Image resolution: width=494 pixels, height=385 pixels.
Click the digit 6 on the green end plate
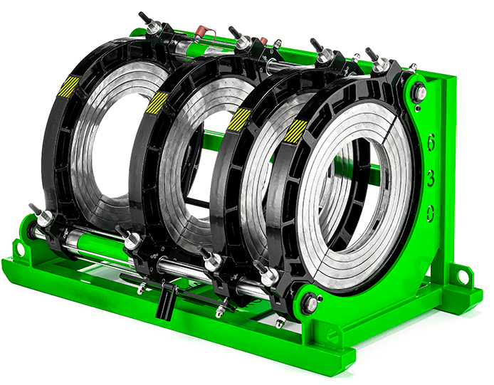coord(431,142)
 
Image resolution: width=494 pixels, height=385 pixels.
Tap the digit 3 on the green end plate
coord(431,179)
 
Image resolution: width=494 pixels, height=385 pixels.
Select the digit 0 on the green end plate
coord(431,213)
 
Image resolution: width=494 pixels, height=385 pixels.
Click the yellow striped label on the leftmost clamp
coord(68,86)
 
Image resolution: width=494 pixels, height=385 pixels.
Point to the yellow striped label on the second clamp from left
coord(157,102)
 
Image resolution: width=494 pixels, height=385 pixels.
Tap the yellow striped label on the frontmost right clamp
coord(295,132)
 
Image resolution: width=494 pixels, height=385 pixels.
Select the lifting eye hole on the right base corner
coord(462,276)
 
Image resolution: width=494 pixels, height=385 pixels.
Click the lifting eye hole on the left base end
coord(19,248)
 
